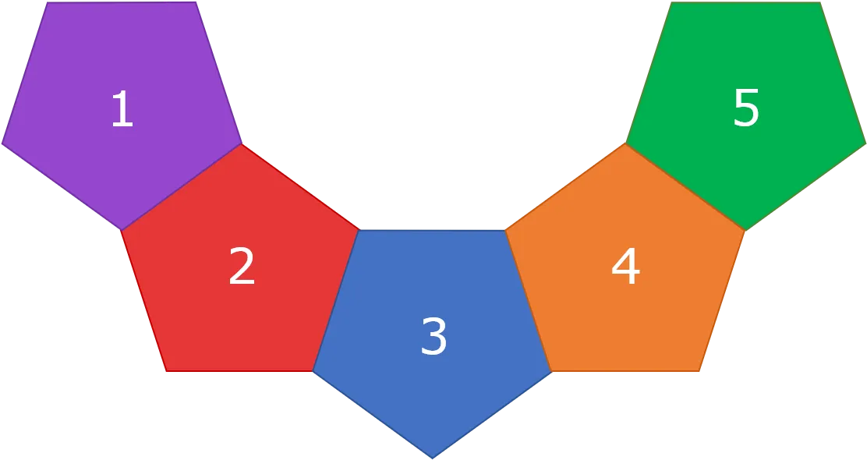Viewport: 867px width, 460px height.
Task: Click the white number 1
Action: click(122, 108)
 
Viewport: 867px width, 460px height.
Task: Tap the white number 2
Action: click(242, 266)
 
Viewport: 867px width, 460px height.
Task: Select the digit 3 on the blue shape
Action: click(434, 335)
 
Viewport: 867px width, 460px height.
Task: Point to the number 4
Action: click(626, 266)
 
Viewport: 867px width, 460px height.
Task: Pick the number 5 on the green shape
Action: click(746, 108)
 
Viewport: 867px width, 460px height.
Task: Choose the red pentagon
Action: click(240, 265)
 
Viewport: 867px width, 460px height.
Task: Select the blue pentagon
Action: click(433, 331)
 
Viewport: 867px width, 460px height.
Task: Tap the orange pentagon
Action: click(625, 265)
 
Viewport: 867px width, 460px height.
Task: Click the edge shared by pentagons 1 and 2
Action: click(181, 187)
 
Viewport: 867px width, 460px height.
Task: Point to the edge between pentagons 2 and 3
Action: click(336, 300)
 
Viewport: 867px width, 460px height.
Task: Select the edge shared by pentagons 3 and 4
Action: click(529, 300)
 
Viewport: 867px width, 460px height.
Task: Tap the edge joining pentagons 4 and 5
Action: click(685, 187)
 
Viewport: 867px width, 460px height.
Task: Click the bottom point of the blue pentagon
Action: click(433, 458)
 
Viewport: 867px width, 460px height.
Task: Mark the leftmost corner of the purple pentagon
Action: click(2, 143)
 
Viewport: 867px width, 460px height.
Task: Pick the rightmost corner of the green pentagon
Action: click(865, 143)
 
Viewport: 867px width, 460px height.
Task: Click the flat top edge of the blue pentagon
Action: click(433, 230)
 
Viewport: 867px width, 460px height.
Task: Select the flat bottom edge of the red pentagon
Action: click(239, 371)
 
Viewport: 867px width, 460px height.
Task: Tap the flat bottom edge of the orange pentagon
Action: click(625, 371)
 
